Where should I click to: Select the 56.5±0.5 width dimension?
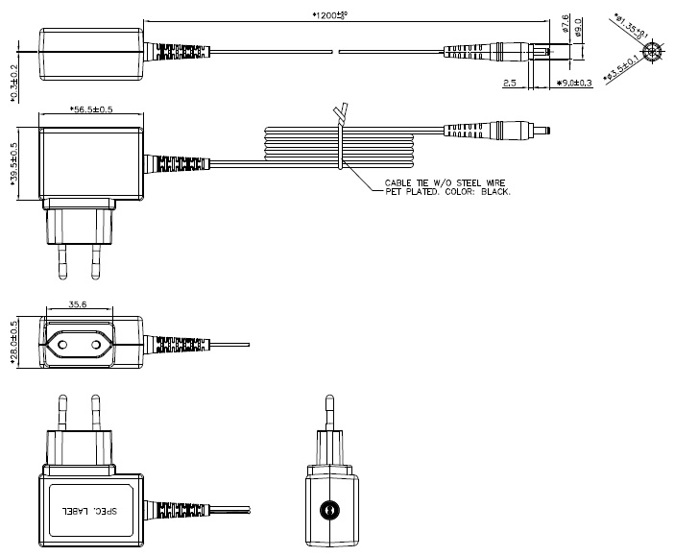[x=92, y=109]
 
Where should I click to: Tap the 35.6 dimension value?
[x=81, y=304]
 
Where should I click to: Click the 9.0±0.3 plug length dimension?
[x=575, y=85]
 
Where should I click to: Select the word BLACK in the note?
[x=494, y=192]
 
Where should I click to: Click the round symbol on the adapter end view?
[x=331, y=510]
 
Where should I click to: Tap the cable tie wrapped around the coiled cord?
[x=342, y=144]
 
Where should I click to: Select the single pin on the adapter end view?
[x=331, y=417]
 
